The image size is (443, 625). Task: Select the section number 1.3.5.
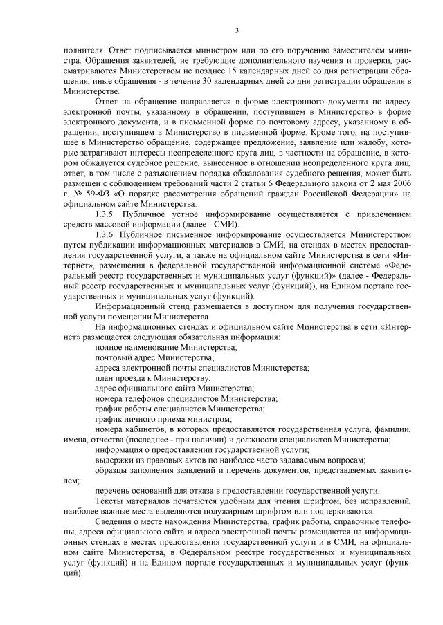107,214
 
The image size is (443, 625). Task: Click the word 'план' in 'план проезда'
104,378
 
